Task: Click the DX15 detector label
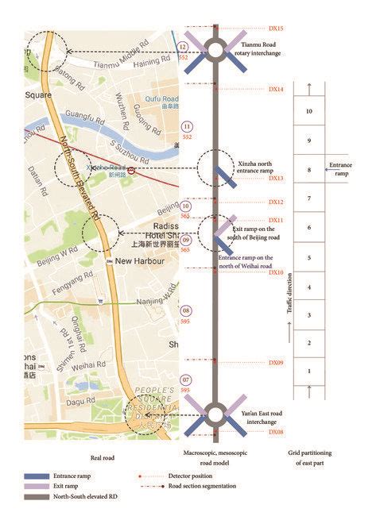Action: [x=277, y=29]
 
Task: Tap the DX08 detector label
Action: [x=277, y=432]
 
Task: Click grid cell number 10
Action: [x=308, y=112]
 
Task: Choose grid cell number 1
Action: [x=308, y=371]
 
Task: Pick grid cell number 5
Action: [x=308, y=258]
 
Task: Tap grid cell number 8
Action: [x=308, y=170]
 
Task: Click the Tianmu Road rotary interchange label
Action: [x=266, y=49]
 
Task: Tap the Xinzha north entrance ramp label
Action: [x=260, y=168]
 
